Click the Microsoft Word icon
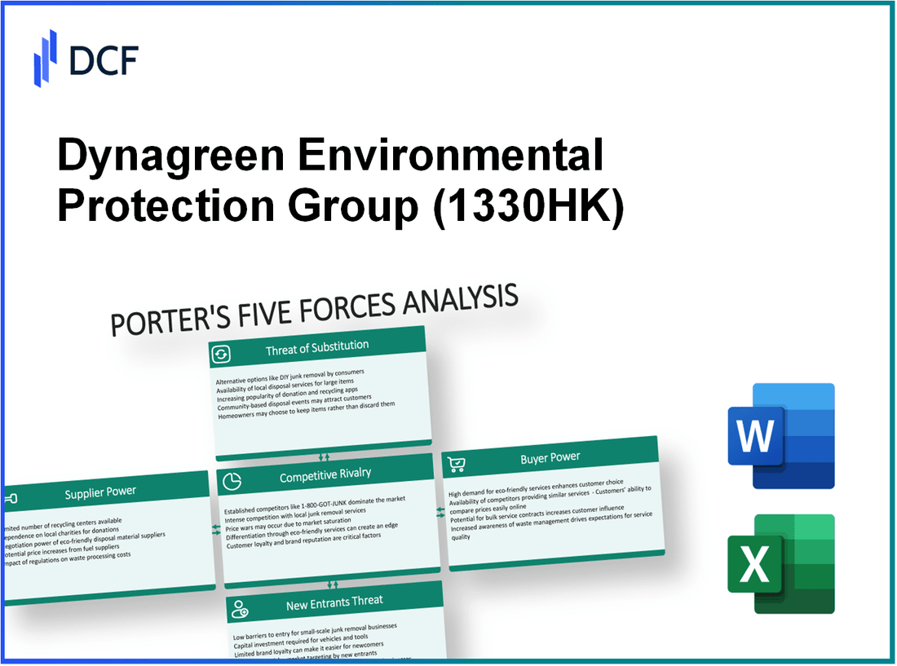pyautogui.click(x=780, y=435)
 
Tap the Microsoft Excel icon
pyautogui.click(x=780, y=563)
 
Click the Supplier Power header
pyautogui.click(x=100, y=492)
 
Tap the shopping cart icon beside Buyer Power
pyautogui.click(x=457, y=464)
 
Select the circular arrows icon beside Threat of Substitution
pyautogui.click(x=221, y=354)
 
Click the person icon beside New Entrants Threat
pyautogui.click(x=240, y=606)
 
